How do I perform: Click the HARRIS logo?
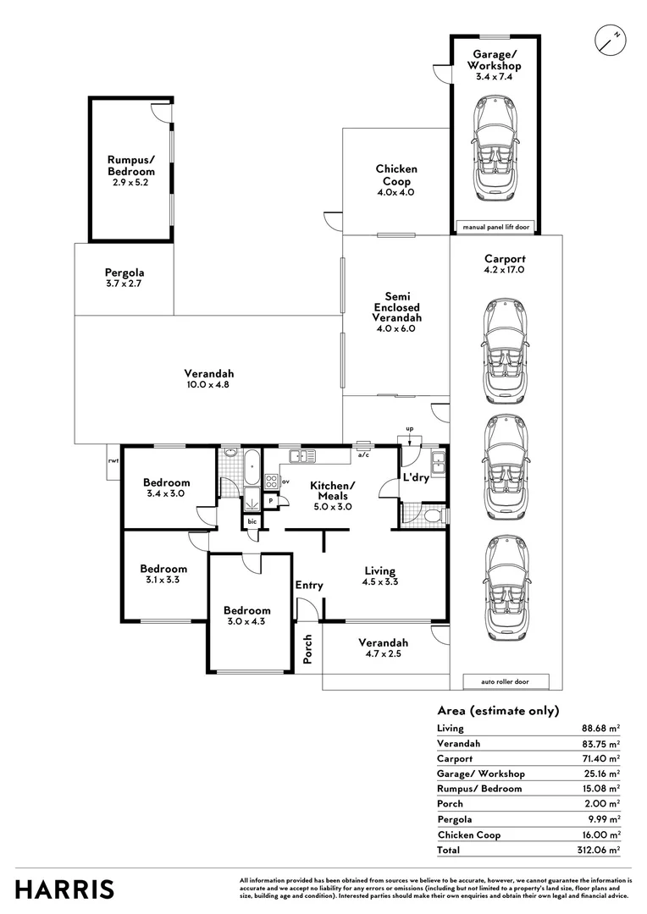(65, 889)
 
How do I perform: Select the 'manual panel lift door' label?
(495, 227)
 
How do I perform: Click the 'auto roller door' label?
(506, 681)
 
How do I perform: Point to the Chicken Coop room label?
(396, 180)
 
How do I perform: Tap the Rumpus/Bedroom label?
(130, 170)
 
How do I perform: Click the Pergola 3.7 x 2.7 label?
(124, 278)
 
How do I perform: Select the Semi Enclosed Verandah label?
(397, 312)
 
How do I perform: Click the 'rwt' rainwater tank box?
(112, 462)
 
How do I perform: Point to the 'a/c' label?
(363, 454)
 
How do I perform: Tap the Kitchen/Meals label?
(332, 495)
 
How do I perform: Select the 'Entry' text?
(309, 585)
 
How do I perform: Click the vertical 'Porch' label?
(307, 648)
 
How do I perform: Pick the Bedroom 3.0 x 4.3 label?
(247, 616)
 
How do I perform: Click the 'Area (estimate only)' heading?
(498, 711)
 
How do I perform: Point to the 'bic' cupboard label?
(252, 521)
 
